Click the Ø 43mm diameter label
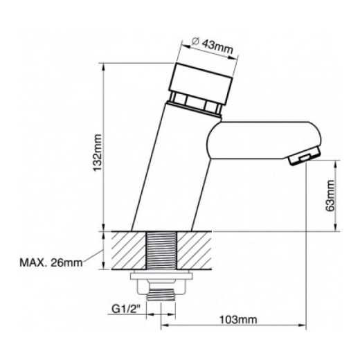pyautogui.click(x=213, y=46)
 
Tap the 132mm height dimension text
pyautogui.click(x=98, y=152)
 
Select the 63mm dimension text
pyautogui.click(x=330, y=195)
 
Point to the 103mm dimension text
pyautogui.click(x=238, y=320)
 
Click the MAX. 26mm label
pyautogui.click(x=51, y=263)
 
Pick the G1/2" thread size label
pyautogui.click(x=126, y=309)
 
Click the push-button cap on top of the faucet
pyautogui.click(x=201, y=83)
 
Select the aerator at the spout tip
pyautogui.click(x=304, y=156)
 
